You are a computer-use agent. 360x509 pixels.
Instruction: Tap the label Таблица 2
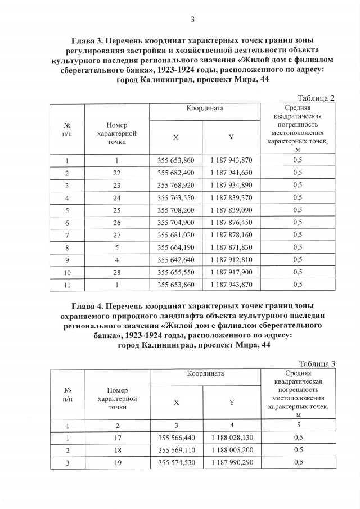317,98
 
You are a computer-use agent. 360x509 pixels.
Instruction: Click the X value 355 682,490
176,173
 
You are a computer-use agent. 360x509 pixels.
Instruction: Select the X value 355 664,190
176,247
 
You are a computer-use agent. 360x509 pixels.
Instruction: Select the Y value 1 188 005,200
232,450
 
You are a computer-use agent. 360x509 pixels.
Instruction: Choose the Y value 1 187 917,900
232,272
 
